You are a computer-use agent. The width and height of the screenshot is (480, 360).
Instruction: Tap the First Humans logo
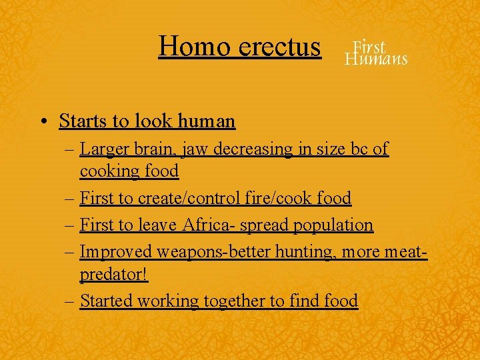(x=375, y=52)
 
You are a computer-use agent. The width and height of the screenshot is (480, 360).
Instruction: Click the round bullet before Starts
(x=42, y=121)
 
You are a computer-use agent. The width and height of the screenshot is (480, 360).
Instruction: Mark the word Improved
(x=115, y=252)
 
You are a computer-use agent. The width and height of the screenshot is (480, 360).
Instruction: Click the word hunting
(x=289, y=252)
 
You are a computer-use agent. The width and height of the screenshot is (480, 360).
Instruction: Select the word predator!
(x=113, y=274)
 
